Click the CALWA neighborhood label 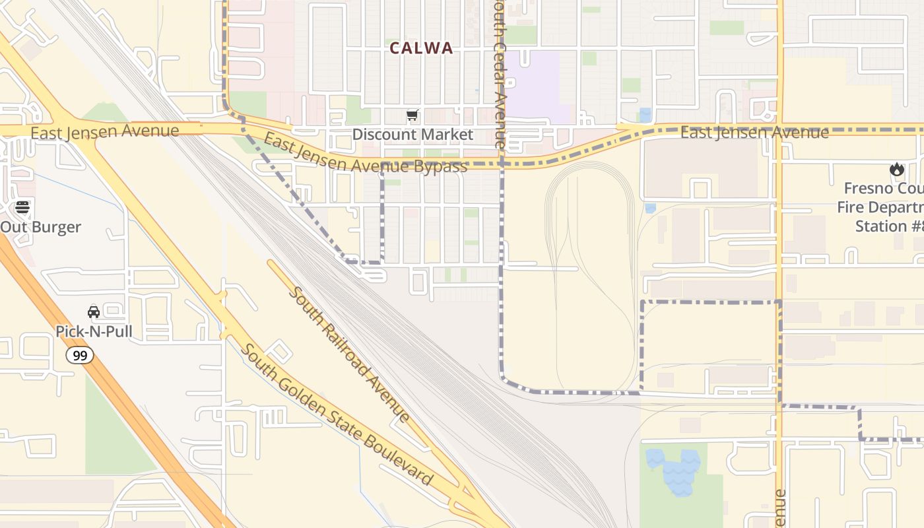421,48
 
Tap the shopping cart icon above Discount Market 412,116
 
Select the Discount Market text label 412,135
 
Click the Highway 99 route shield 79,355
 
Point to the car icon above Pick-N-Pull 94,312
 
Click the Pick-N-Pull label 94,331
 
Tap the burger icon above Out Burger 22,207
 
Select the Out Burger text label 41,227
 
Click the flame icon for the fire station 896,170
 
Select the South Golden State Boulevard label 337,414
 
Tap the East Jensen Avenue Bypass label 366,154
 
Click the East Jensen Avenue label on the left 104,131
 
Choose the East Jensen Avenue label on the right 754,133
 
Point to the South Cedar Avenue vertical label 500,73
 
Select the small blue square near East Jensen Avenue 645,114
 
